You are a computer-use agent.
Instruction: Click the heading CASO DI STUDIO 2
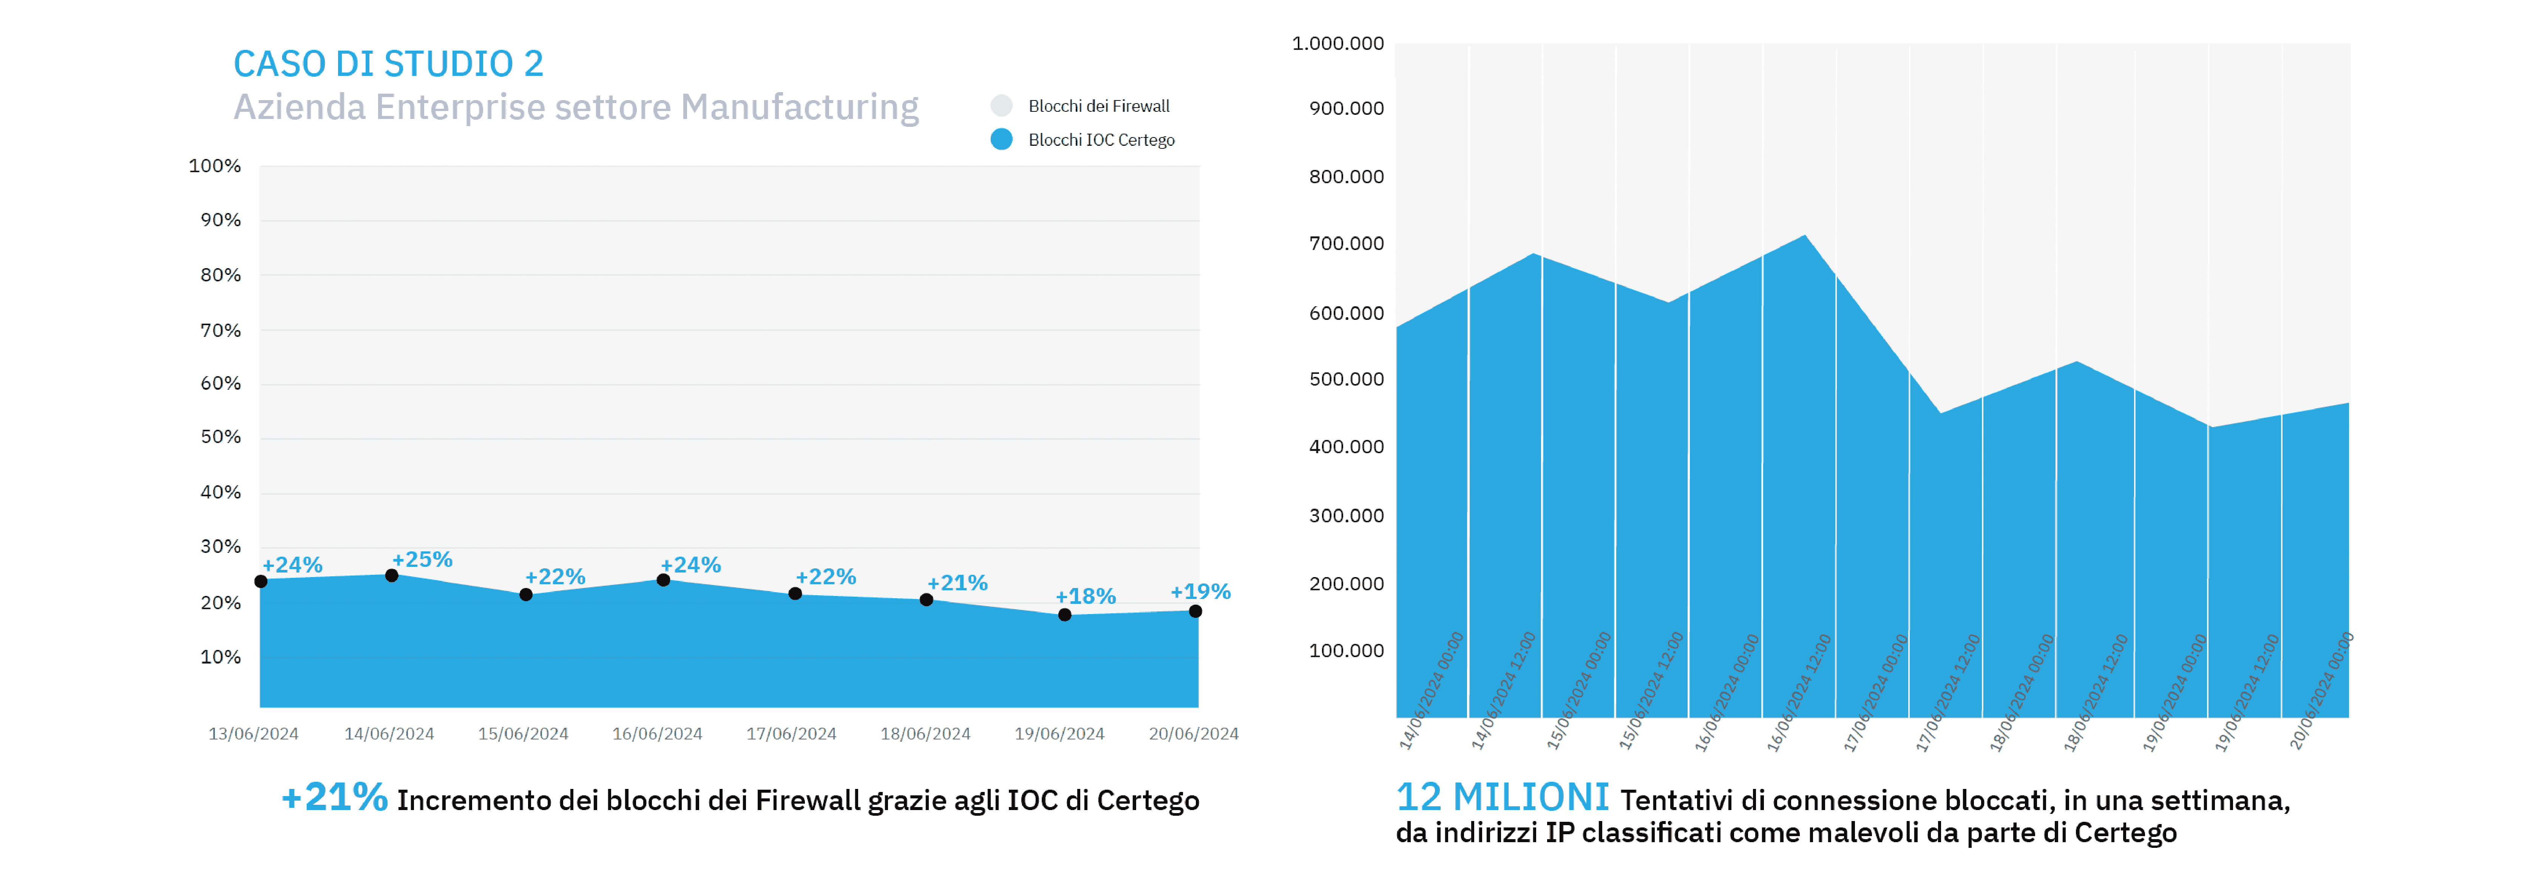click(x=388, y=64)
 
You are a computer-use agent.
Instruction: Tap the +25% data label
click(x=422, y=559)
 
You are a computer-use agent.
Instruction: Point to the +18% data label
click(x=1086, y=596)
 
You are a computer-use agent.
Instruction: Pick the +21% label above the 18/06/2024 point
click(x=957, y=582)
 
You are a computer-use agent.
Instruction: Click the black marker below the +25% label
click(x=392, y=575)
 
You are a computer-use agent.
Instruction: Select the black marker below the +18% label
click(x=1065, y=615)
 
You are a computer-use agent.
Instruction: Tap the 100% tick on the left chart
click(x=215, y=166)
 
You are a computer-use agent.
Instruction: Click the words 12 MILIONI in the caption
click(x=1502, y=797)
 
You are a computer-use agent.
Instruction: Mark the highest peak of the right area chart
click(x=1805, y=236)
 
